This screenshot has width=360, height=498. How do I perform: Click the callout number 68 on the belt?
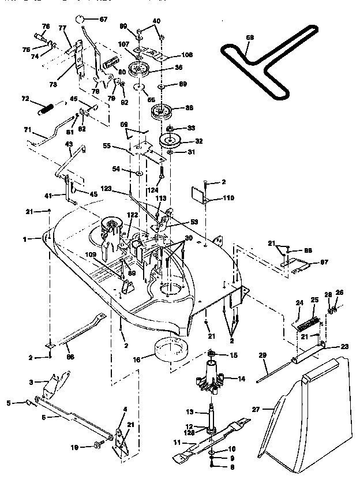pyautogui.click(x=249, y=38)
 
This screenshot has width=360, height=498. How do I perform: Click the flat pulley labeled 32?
pyautogui.click(x=171, y=140)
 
